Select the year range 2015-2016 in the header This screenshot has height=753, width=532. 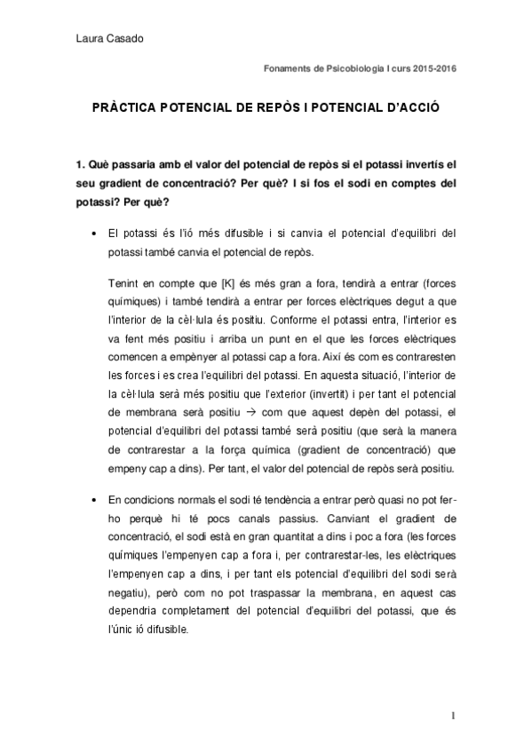[x=435, y=69]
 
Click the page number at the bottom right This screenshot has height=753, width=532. [x=452, y=715]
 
